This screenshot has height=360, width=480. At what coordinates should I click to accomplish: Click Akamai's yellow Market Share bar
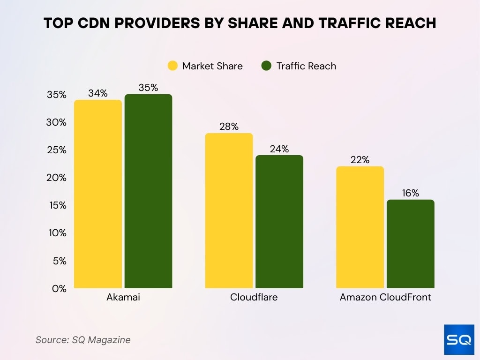pos(98,194)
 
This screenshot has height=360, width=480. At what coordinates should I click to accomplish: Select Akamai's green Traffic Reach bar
pos(148,191)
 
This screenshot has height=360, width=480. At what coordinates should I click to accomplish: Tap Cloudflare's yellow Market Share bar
pos(229,210)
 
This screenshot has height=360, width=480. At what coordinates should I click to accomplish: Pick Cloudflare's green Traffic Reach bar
pos(279,222)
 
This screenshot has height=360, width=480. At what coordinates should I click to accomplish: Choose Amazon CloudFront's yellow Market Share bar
pos(360,227)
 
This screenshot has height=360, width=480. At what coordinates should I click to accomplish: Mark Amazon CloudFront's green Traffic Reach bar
pos(411,244)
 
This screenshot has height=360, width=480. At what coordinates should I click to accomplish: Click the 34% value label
pos(97,93)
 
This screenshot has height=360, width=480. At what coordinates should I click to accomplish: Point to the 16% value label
pos(410,193)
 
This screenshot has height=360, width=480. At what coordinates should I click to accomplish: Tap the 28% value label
pos(229,127)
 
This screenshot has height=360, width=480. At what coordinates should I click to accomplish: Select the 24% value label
pos(279,149)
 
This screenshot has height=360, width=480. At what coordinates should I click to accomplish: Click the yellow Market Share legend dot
pos(173,66)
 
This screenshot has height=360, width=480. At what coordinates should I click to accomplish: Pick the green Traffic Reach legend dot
pos(267,66)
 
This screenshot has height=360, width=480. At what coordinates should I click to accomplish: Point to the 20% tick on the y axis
pos(57,178)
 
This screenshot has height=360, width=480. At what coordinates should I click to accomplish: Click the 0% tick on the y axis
pos(59,289)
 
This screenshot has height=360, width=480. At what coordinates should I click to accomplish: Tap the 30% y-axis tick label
pos(57,122)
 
